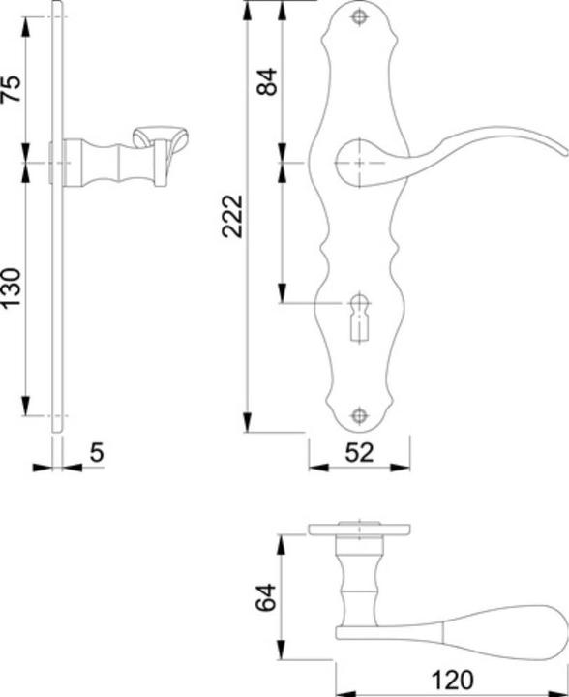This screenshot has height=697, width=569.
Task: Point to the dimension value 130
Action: click(x=11, y=288)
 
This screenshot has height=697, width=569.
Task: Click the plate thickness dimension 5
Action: click(x=96, y=451)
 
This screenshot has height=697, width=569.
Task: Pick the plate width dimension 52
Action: click(x=359, y=451)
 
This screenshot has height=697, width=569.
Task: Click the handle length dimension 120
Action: click(x=452, y=679)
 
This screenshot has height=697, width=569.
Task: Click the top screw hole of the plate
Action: click(x=360, y=18)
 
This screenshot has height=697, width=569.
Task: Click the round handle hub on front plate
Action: click(x=356, y=161)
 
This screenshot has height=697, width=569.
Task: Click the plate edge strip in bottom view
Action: click(x=359, y=530)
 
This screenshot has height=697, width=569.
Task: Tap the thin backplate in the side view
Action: click(x=58, y=290)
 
